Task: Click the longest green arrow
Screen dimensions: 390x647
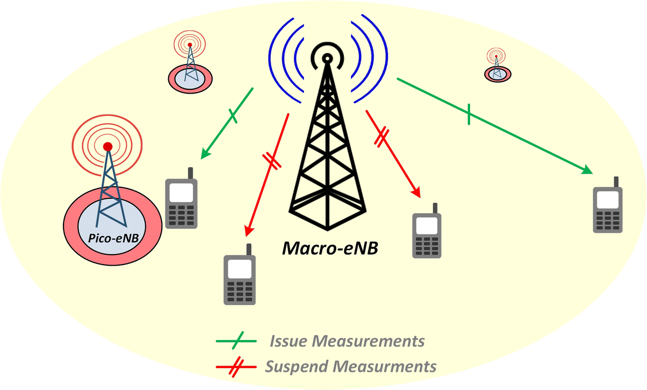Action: coord(493,125)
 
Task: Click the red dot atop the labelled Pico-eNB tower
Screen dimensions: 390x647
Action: coord(108,146)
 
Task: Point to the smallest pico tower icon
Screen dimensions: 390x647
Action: coord(496,65)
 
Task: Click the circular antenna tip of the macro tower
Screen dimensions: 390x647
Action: coord(327,58)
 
